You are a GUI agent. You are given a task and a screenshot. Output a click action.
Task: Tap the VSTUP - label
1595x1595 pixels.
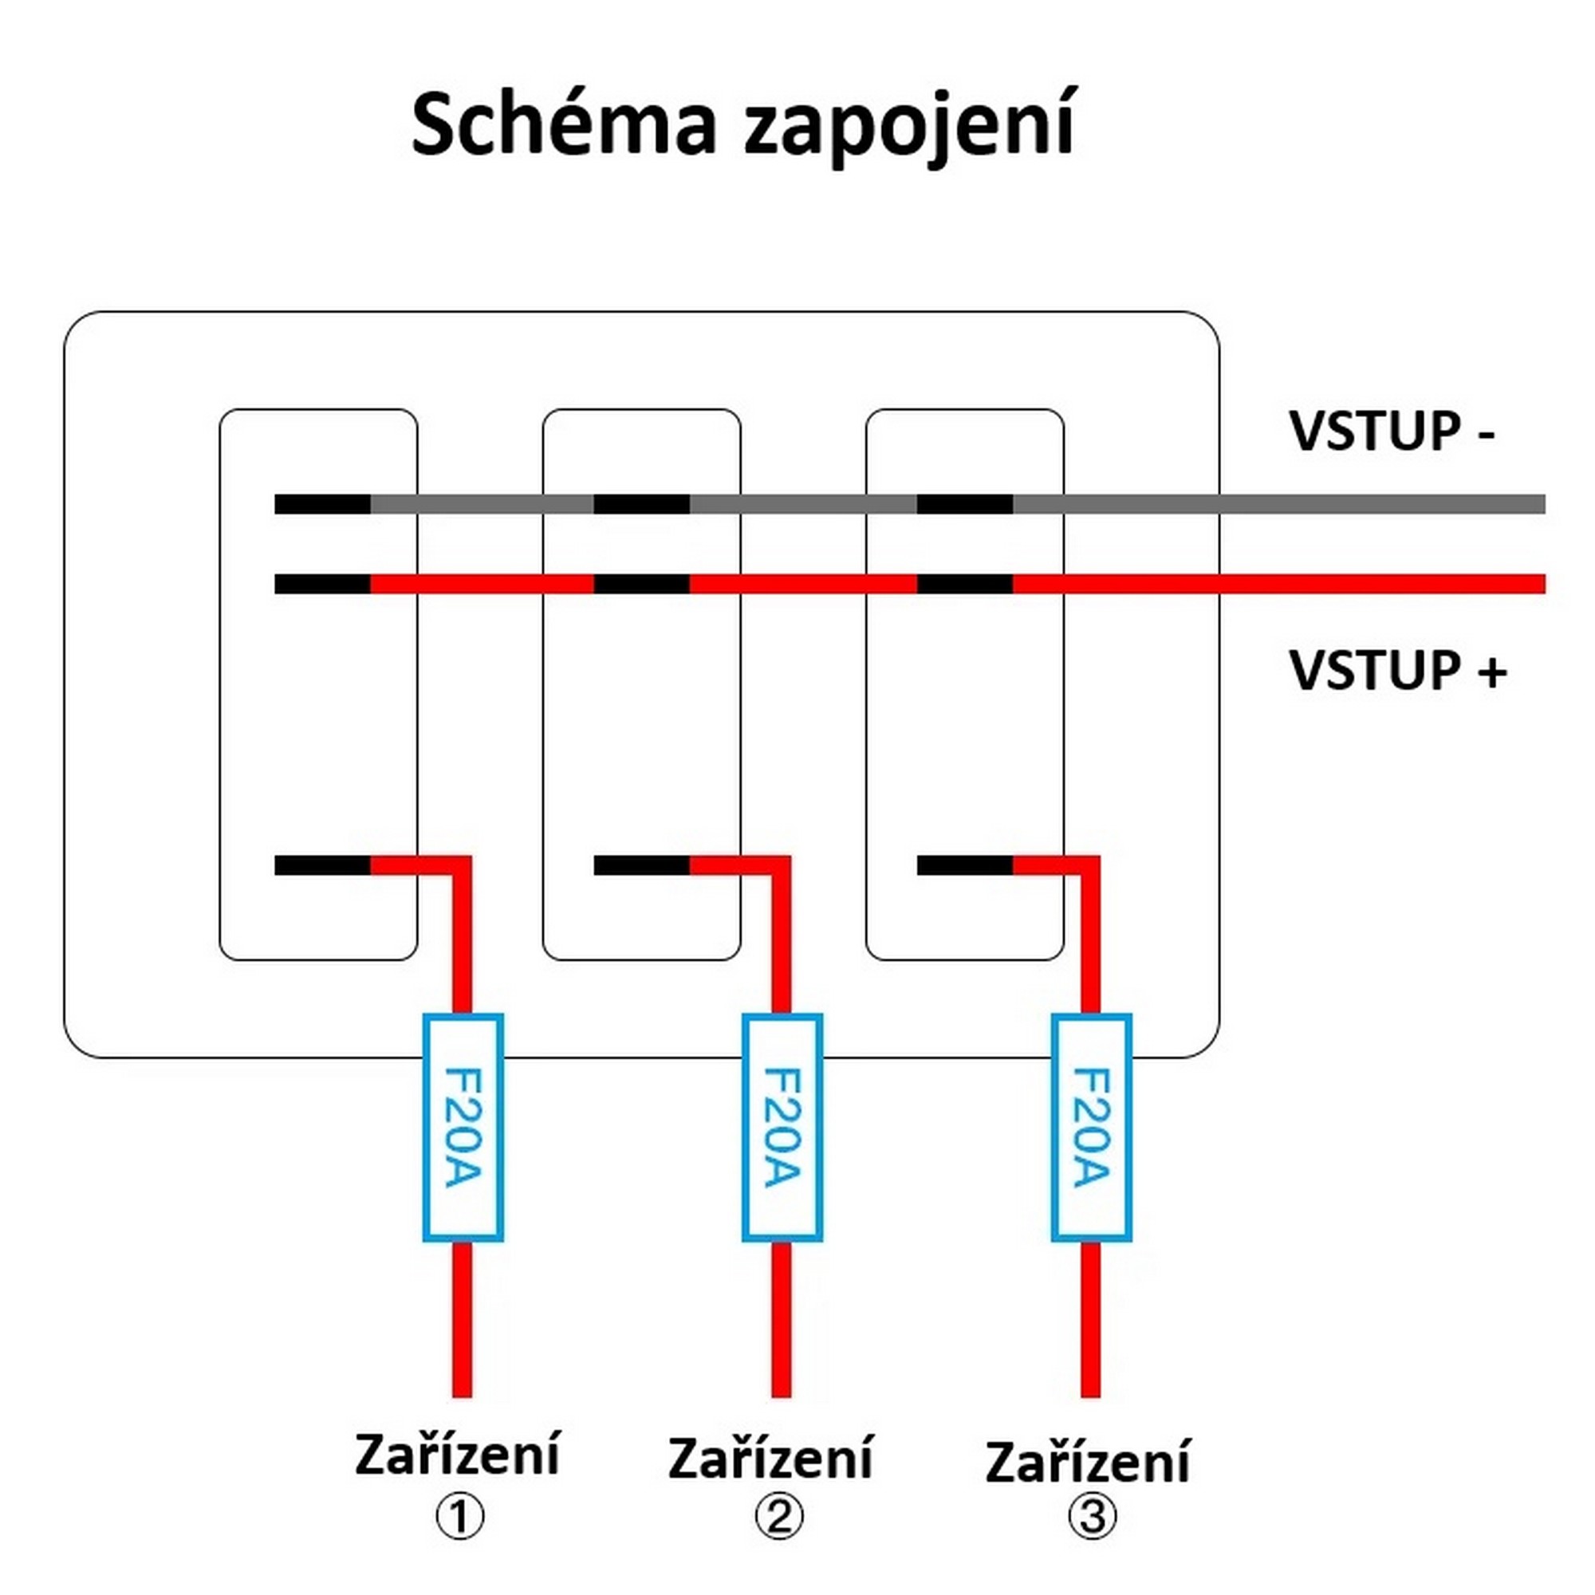[x=1392, y=431]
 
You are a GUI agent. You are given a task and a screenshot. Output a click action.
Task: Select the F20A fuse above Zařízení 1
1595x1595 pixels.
[x=463, y=1128]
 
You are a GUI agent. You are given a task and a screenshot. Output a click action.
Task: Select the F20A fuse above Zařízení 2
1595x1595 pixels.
[x=782, y=1128]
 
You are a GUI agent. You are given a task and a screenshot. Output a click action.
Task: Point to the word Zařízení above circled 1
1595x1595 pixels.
[x=457, y=1455]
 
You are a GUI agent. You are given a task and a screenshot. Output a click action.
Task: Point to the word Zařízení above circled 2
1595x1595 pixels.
[x=770, y=1459]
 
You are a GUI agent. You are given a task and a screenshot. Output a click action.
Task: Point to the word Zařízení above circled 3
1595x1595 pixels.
[x=1087, y=1463]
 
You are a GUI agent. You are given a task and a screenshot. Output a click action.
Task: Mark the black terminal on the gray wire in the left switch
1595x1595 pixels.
[x=322, y=503]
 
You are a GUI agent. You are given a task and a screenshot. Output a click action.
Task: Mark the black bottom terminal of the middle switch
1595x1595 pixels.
[x=641, y=865]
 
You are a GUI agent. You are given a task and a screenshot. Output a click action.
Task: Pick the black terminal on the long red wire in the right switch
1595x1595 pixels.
[x=964, y=584]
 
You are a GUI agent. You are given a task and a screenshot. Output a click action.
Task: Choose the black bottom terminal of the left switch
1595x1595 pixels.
[x=322, y=865]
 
